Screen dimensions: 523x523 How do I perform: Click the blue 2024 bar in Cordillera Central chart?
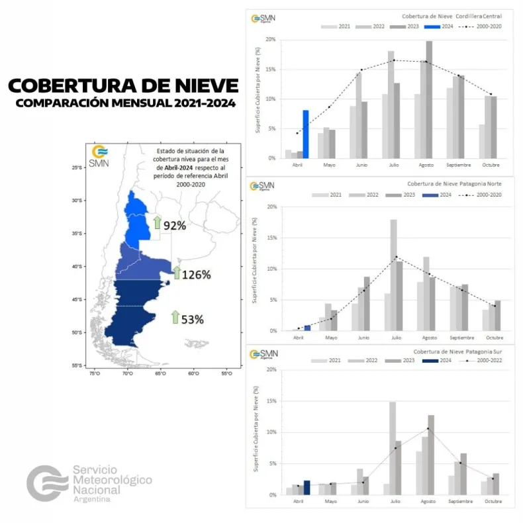pyautogui.click(x=305, y=134)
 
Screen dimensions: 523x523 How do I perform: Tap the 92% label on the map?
pyautogui.click(x=175, y=225)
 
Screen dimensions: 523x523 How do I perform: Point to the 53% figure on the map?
pyautogui.click(x=192, y=319)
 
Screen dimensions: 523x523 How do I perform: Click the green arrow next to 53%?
pyautogui.click(x=175, y=317)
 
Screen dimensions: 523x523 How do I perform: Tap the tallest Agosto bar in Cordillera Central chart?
pyautogui.click(x=429, y=99)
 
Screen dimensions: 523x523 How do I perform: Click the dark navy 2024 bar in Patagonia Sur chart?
pyautogui.click(x=307, y=487)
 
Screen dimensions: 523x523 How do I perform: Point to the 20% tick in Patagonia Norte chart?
pyautogui.click(x=271, y=207)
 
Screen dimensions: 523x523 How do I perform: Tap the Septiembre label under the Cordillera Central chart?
pyautogui.click(x=459, y=166)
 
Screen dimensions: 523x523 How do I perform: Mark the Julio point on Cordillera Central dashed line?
pyautogui.click(x=394, y=60)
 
